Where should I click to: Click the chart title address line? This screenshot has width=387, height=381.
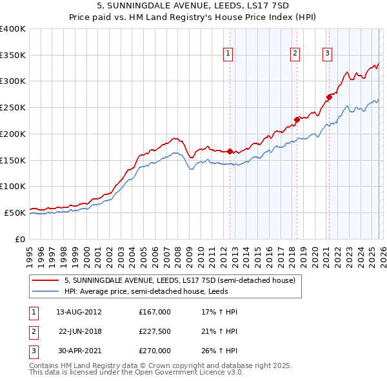click(193, 6)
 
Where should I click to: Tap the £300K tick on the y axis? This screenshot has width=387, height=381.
click(13, 81)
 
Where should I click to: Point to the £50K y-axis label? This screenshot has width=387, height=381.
click(15, 212)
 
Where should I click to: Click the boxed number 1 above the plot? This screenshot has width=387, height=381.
click(229, 54)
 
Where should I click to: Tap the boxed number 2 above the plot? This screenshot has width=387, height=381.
click(295, 54)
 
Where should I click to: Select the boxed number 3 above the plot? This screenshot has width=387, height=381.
click(328, 54)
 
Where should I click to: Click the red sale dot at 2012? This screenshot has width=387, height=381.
click(230, 151)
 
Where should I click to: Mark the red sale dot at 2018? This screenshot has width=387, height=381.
click(297, 119)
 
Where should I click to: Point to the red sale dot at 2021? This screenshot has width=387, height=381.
click(329, 97)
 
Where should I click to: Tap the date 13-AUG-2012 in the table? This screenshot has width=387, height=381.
click(79, 312)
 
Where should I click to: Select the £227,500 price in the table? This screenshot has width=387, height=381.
click(155, 331)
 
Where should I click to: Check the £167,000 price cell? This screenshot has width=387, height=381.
click(155, 312)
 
